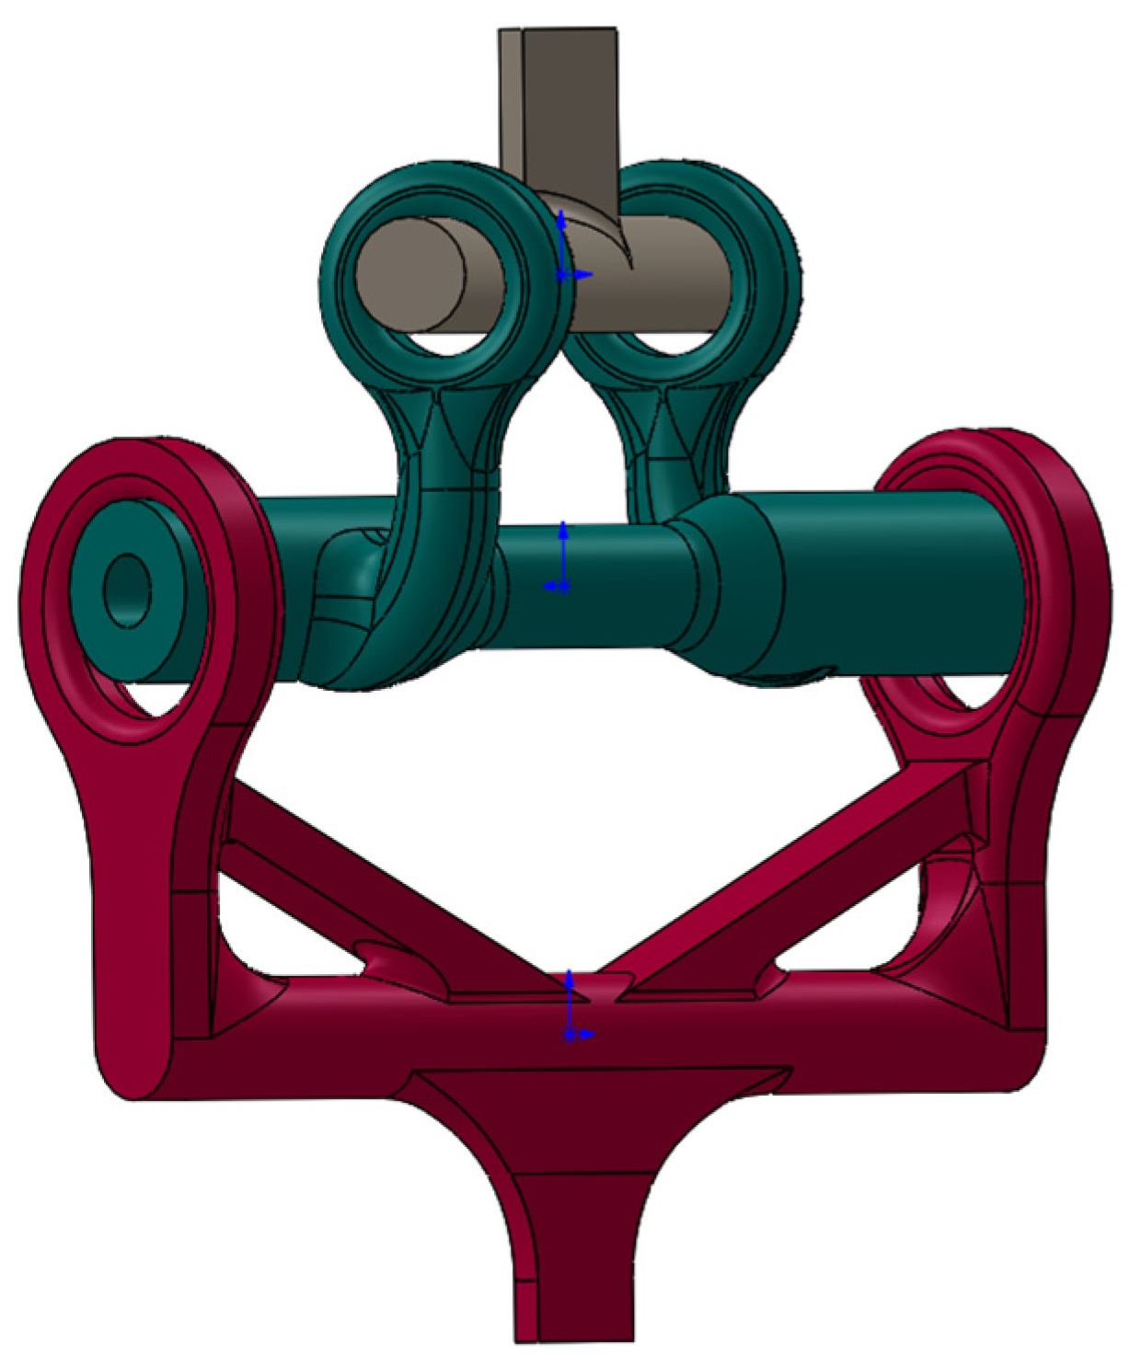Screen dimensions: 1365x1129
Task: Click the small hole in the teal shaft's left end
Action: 127,591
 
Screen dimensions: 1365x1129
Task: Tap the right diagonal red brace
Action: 791,883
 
